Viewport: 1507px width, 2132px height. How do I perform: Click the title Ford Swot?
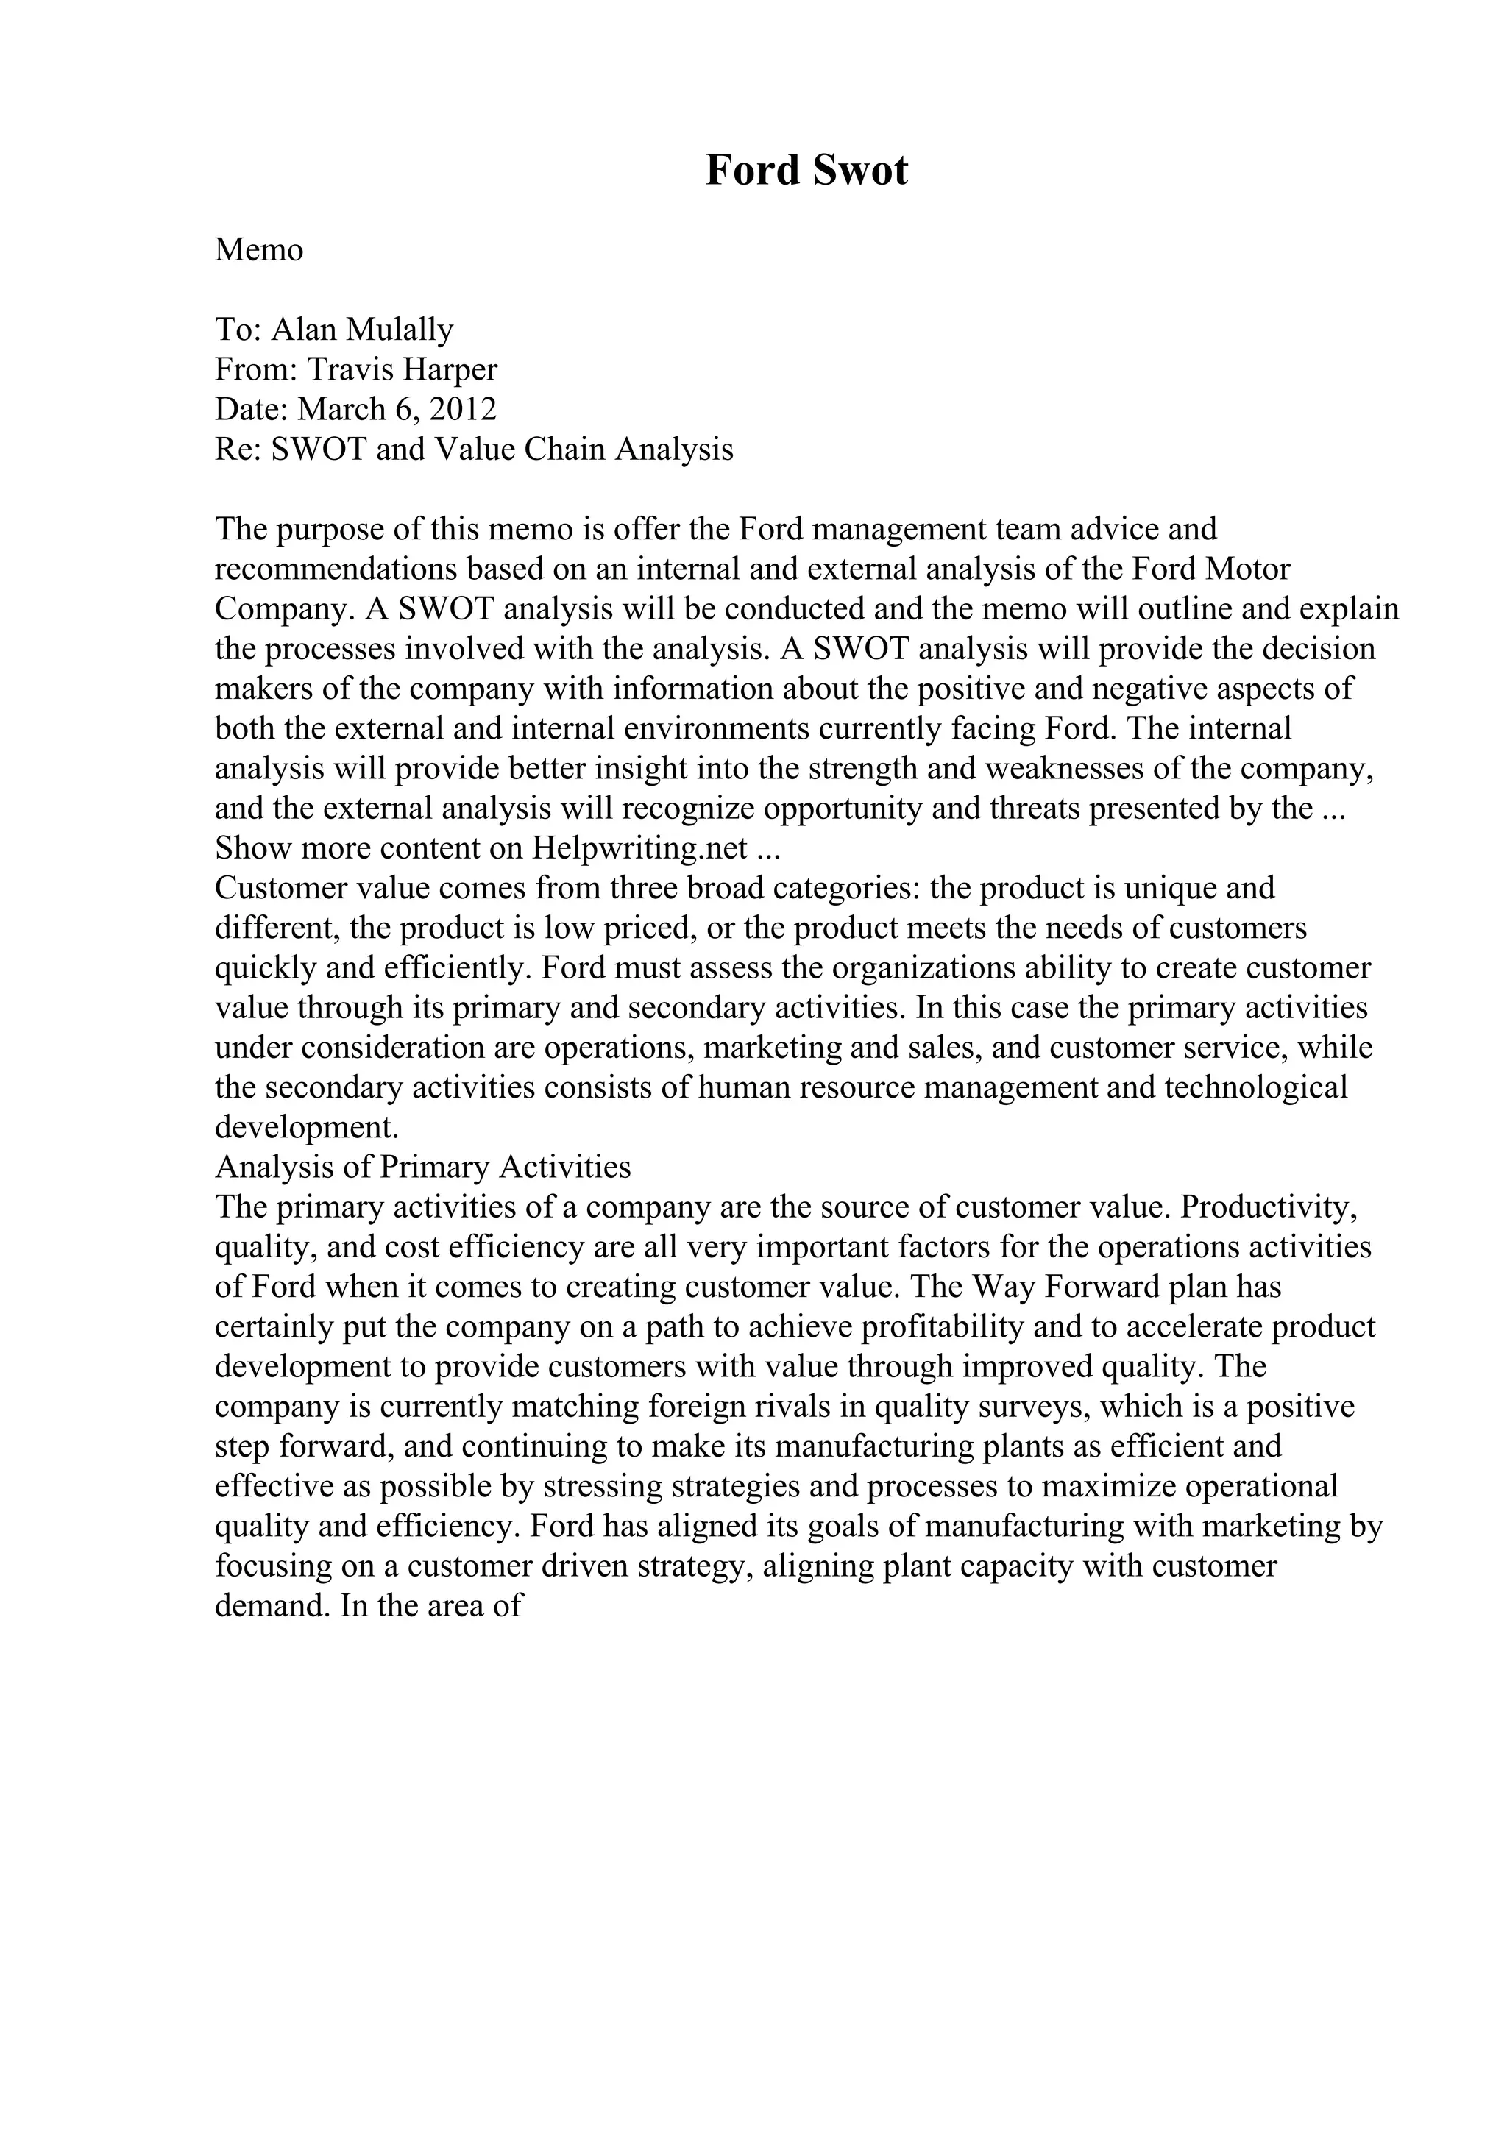806,171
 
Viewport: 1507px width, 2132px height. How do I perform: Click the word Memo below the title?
259,250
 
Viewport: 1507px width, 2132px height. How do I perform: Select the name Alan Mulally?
362,330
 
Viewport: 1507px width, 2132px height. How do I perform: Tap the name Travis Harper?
402,369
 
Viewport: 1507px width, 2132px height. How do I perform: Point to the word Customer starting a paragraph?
274,889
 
